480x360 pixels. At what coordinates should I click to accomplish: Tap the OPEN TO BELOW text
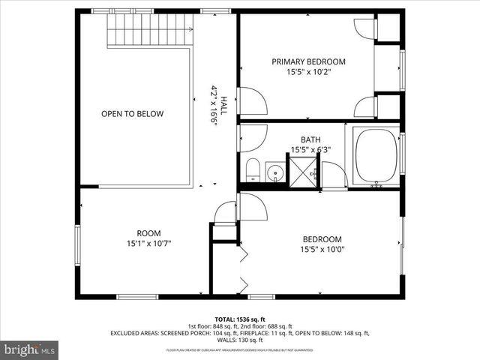133,114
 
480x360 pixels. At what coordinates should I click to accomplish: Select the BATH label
310,139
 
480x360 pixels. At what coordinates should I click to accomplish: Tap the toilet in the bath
253,170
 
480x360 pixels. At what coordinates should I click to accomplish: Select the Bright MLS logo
30,349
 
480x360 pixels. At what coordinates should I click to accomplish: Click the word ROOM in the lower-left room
148,232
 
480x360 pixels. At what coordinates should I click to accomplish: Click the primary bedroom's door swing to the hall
250,101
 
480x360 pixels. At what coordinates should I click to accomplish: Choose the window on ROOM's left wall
77,244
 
